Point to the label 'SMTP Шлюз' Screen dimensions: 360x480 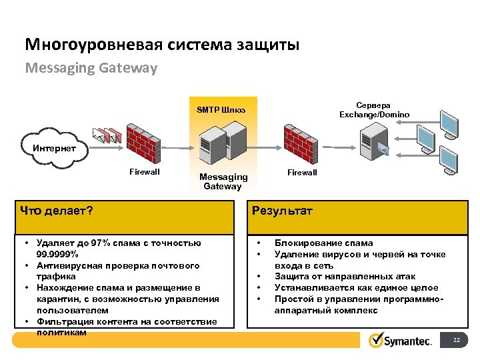[221, 109]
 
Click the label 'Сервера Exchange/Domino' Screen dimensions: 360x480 [374, 110]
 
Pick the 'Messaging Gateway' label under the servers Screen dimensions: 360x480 [223, 181]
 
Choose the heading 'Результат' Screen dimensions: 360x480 [282, 211]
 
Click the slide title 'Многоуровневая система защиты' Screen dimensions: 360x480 [162, 45]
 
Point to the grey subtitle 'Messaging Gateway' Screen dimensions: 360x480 [91, 68]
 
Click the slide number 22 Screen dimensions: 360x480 [456, 341]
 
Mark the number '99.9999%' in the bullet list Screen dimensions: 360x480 [57, 255]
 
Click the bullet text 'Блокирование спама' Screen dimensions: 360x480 [324, 243]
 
